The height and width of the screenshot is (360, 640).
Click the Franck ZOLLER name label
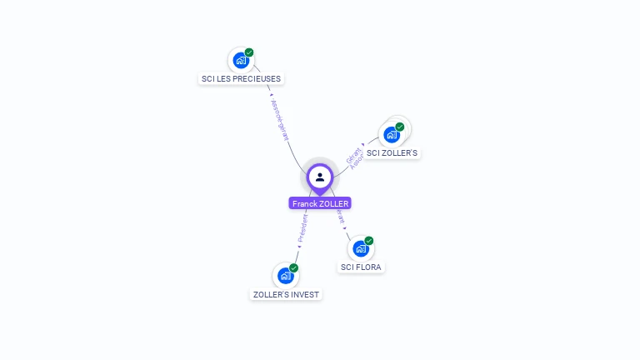[x=320, y=203]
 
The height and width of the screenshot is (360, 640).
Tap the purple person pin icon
[x=320, y=177]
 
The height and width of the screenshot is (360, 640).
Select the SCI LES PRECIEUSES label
[x=242, y=78]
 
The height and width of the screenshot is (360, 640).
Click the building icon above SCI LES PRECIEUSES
[x=241, y=60]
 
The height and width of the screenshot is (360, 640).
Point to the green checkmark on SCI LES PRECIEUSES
[x=249, y=52]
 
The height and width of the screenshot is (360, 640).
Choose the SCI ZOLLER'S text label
[x=392, y=153]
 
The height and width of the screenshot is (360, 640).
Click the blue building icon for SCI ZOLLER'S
[x=392, y=134]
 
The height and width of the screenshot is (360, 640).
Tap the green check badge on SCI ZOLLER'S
[x=400, y=127]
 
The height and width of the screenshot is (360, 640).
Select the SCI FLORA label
[x=362, y=267]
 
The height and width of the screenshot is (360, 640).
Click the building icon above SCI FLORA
[x=360, y=248]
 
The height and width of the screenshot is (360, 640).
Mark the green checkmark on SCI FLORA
[x=369, y=241]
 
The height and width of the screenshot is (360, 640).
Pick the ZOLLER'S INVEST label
[x=286, y=294]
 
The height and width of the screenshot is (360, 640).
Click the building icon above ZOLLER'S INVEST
[x=286, y=275]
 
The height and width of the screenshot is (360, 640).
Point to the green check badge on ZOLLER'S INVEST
[x=294, y=267]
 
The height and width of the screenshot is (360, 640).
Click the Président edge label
[x=302, y=227]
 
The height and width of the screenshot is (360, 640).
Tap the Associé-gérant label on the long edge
[x=281, y=121]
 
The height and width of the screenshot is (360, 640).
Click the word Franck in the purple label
[x=305, y=203]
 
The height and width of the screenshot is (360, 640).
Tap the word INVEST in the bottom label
[x=304, y=294]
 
